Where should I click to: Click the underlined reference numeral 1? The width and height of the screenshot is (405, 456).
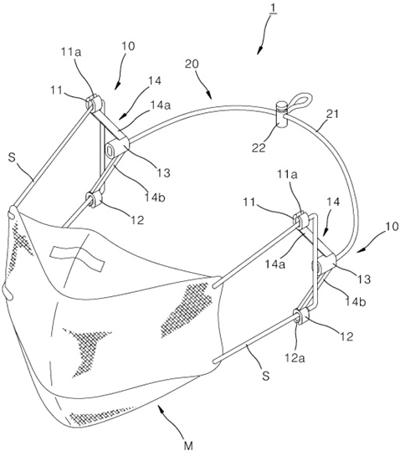point(274,9)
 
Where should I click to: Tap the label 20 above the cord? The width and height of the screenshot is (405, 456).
point(192,64)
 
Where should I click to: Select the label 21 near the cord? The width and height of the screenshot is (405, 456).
point(332,115)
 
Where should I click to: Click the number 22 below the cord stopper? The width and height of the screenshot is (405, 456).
point(259,148)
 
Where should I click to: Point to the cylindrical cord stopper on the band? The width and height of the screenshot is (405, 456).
point(281,115)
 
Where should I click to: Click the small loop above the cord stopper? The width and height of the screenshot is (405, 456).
point(300,101)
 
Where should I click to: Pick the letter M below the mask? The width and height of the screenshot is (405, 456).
point(188,445)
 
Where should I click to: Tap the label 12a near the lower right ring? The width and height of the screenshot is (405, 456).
point(295,358)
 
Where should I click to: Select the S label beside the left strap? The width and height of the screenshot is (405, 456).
point(12,159)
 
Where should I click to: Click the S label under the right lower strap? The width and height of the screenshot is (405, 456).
point(266,376)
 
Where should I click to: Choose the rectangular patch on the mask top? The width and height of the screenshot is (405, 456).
point(77,259)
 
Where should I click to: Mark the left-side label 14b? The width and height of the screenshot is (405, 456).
point(155,197)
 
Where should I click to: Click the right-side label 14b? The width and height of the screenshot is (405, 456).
point(356,301)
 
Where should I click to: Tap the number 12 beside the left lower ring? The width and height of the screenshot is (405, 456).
point(137,220)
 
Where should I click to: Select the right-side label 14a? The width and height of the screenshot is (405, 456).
point(275,264)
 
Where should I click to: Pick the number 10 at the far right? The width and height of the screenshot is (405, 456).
point(392,226)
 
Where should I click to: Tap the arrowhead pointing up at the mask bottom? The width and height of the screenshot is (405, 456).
point(160,407)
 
